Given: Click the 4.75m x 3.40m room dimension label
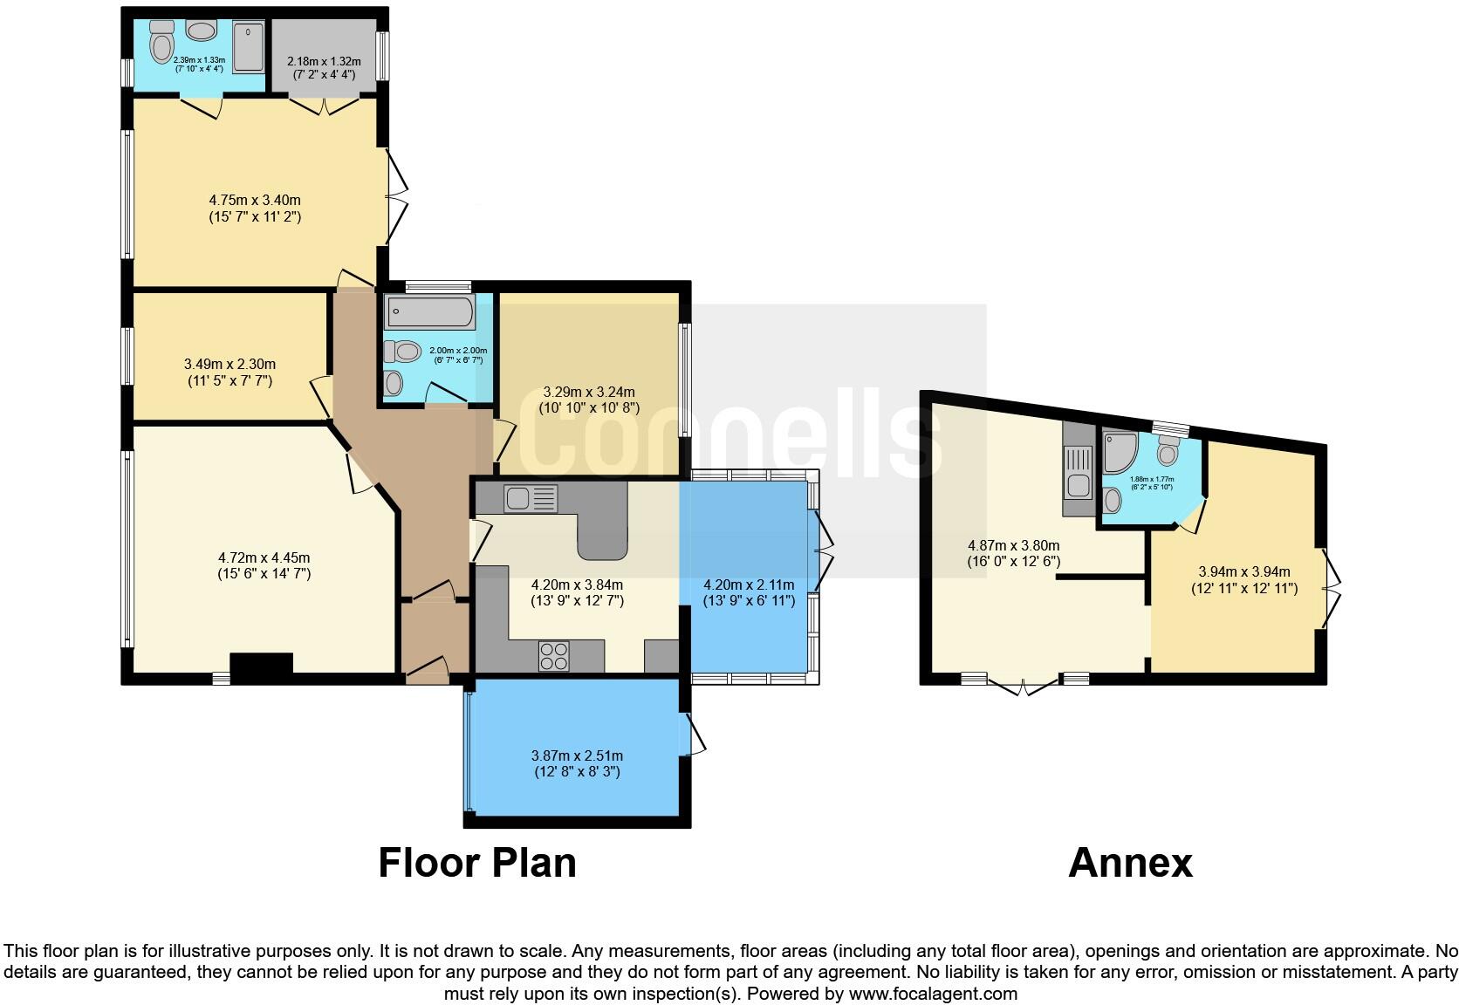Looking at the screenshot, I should (x=255, y=209).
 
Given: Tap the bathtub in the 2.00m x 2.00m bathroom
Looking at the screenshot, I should (x=430, y=311).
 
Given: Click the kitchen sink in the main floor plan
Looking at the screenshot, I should (x=530, y=499).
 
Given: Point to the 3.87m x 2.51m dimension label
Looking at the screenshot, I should (x=577, y=763).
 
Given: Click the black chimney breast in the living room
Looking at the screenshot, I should (x=261, y=668).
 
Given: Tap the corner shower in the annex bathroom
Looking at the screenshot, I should (x=1120, y=452).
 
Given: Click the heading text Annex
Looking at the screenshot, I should (x=1130, y=863).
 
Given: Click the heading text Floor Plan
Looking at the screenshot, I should (x=477, y=863).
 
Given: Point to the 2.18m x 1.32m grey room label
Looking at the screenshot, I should (x=324, y=67).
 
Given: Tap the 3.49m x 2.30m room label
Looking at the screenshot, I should (x=229, y=373).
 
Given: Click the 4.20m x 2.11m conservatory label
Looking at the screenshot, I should (x=749, y=592).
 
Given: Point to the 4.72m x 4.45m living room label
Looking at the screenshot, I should (x=264, y=565).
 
